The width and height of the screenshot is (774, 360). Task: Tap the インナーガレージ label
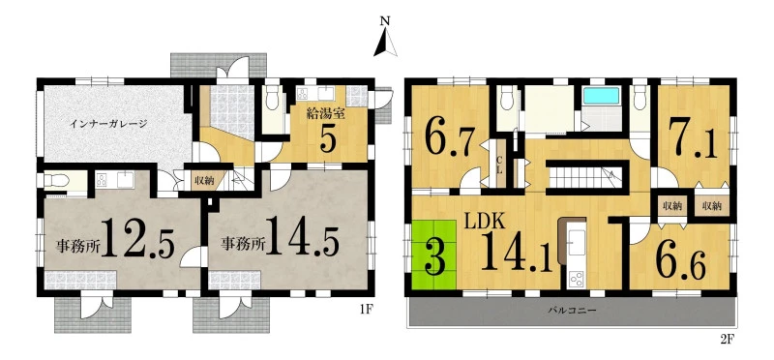pos(108,124)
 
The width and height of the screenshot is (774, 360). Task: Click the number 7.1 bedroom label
pos(693,139)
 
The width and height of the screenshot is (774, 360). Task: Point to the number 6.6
pos(681,261)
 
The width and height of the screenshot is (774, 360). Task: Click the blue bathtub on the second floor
pos(601,96)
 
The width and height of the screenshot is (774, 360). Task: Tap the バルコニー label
pos(572,311)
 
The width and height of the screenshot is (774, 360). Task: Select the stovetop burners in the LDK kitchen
pos(576,280)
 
